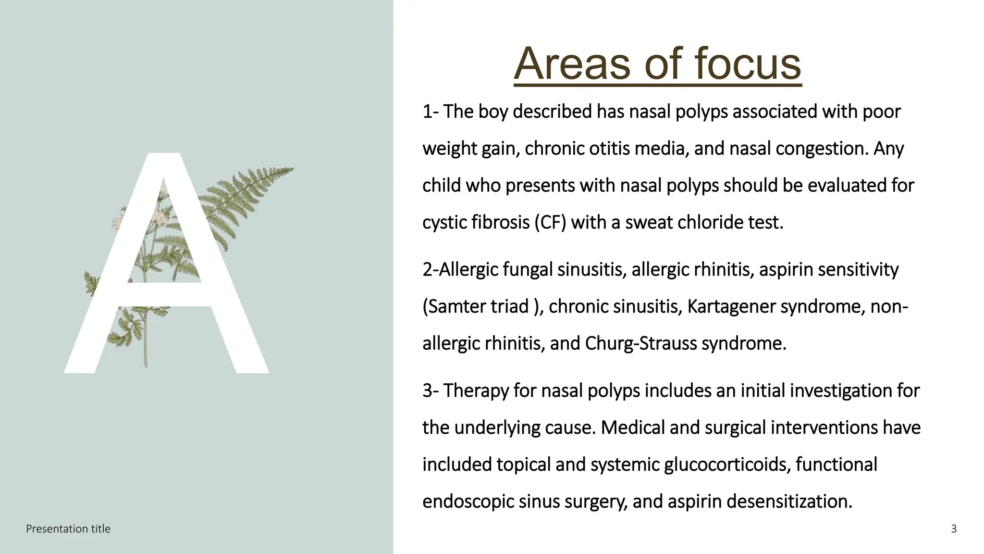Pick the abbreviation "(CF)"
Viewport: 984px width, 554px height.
[x=551, y=223]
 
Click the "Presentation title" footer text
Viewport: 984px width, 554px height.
[x=68, y=529]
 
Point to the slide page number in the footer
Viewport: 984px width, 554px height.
[x=954, y=529]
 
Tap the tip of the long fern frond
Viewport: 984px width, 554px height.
[x=292, y=168]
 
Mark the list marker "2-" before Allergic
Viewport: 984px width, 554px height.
[x=430, y=270]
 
